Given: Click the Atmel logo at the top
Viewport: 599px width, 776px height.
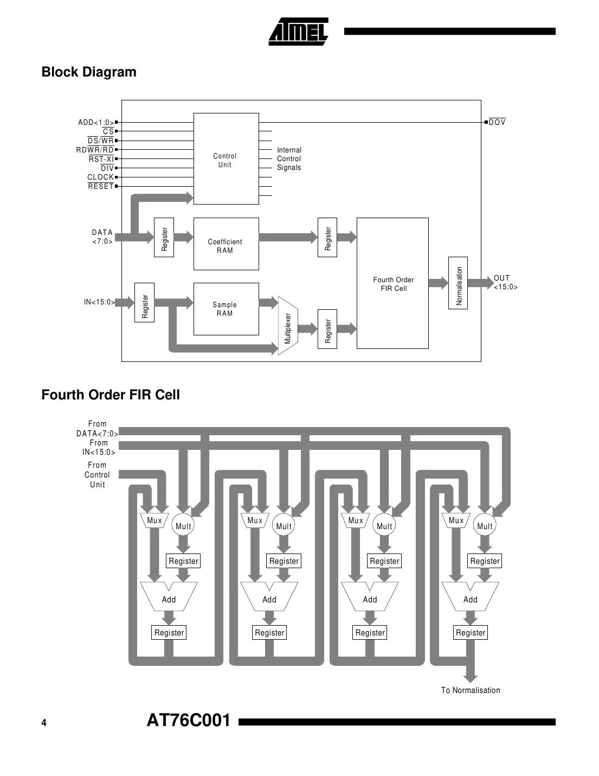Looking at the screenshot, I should pos(298,31).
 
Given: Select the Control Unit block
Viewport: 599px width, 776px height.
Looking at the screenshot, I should pos(226,159).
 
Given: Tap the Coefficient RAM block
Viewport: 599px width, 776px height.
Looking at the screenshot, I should pos(226,244).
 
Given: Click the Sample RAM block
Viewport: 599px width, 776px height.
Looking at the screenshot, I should pos(226,309).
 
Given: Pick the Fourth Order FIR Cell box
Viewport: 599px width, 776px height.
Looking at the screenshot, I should pos(392,283).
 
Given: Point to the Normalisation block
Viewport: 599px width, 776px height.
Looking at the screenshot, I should pos(458,283).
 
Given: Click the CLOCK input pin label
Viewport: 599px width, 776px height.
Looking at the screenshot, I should pos(101,177).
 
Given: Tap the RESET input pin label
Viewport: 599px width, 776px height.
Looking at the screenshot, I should pos(101,186).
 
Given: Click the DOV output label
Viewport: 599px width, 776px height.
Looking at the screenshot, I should pos(497,122).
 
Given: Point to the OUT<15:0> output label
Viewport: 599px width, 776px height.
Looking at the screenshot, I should pos(505,282).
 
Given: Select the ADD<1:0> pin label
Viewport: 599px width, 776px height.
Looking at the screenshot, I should pos(96,122).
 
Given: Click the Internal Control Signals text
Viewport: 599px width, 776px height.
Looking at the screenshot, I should pos(289,158).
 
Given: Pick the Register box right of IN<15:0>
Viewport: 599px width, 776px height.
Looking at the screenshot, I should pos(145,302).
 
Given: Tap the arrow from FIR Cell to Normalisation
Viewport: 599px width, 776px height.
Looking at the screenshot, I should pos(438,283).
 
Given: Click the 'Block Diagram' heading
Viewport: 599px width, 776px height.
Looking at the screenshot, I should pos(89,72).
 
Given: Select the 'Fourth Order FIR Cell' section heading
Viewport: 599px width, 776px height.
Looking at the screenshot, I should pos(111,395).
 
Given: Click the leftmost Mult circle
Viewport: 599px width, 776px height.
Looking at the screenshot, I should pos(183,525).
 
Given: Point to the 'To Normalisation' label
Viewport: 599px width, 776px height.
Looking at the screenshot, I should pos(470,690).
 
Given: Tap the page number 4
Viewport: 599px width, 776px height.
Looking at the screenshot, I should pos(44,722).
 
